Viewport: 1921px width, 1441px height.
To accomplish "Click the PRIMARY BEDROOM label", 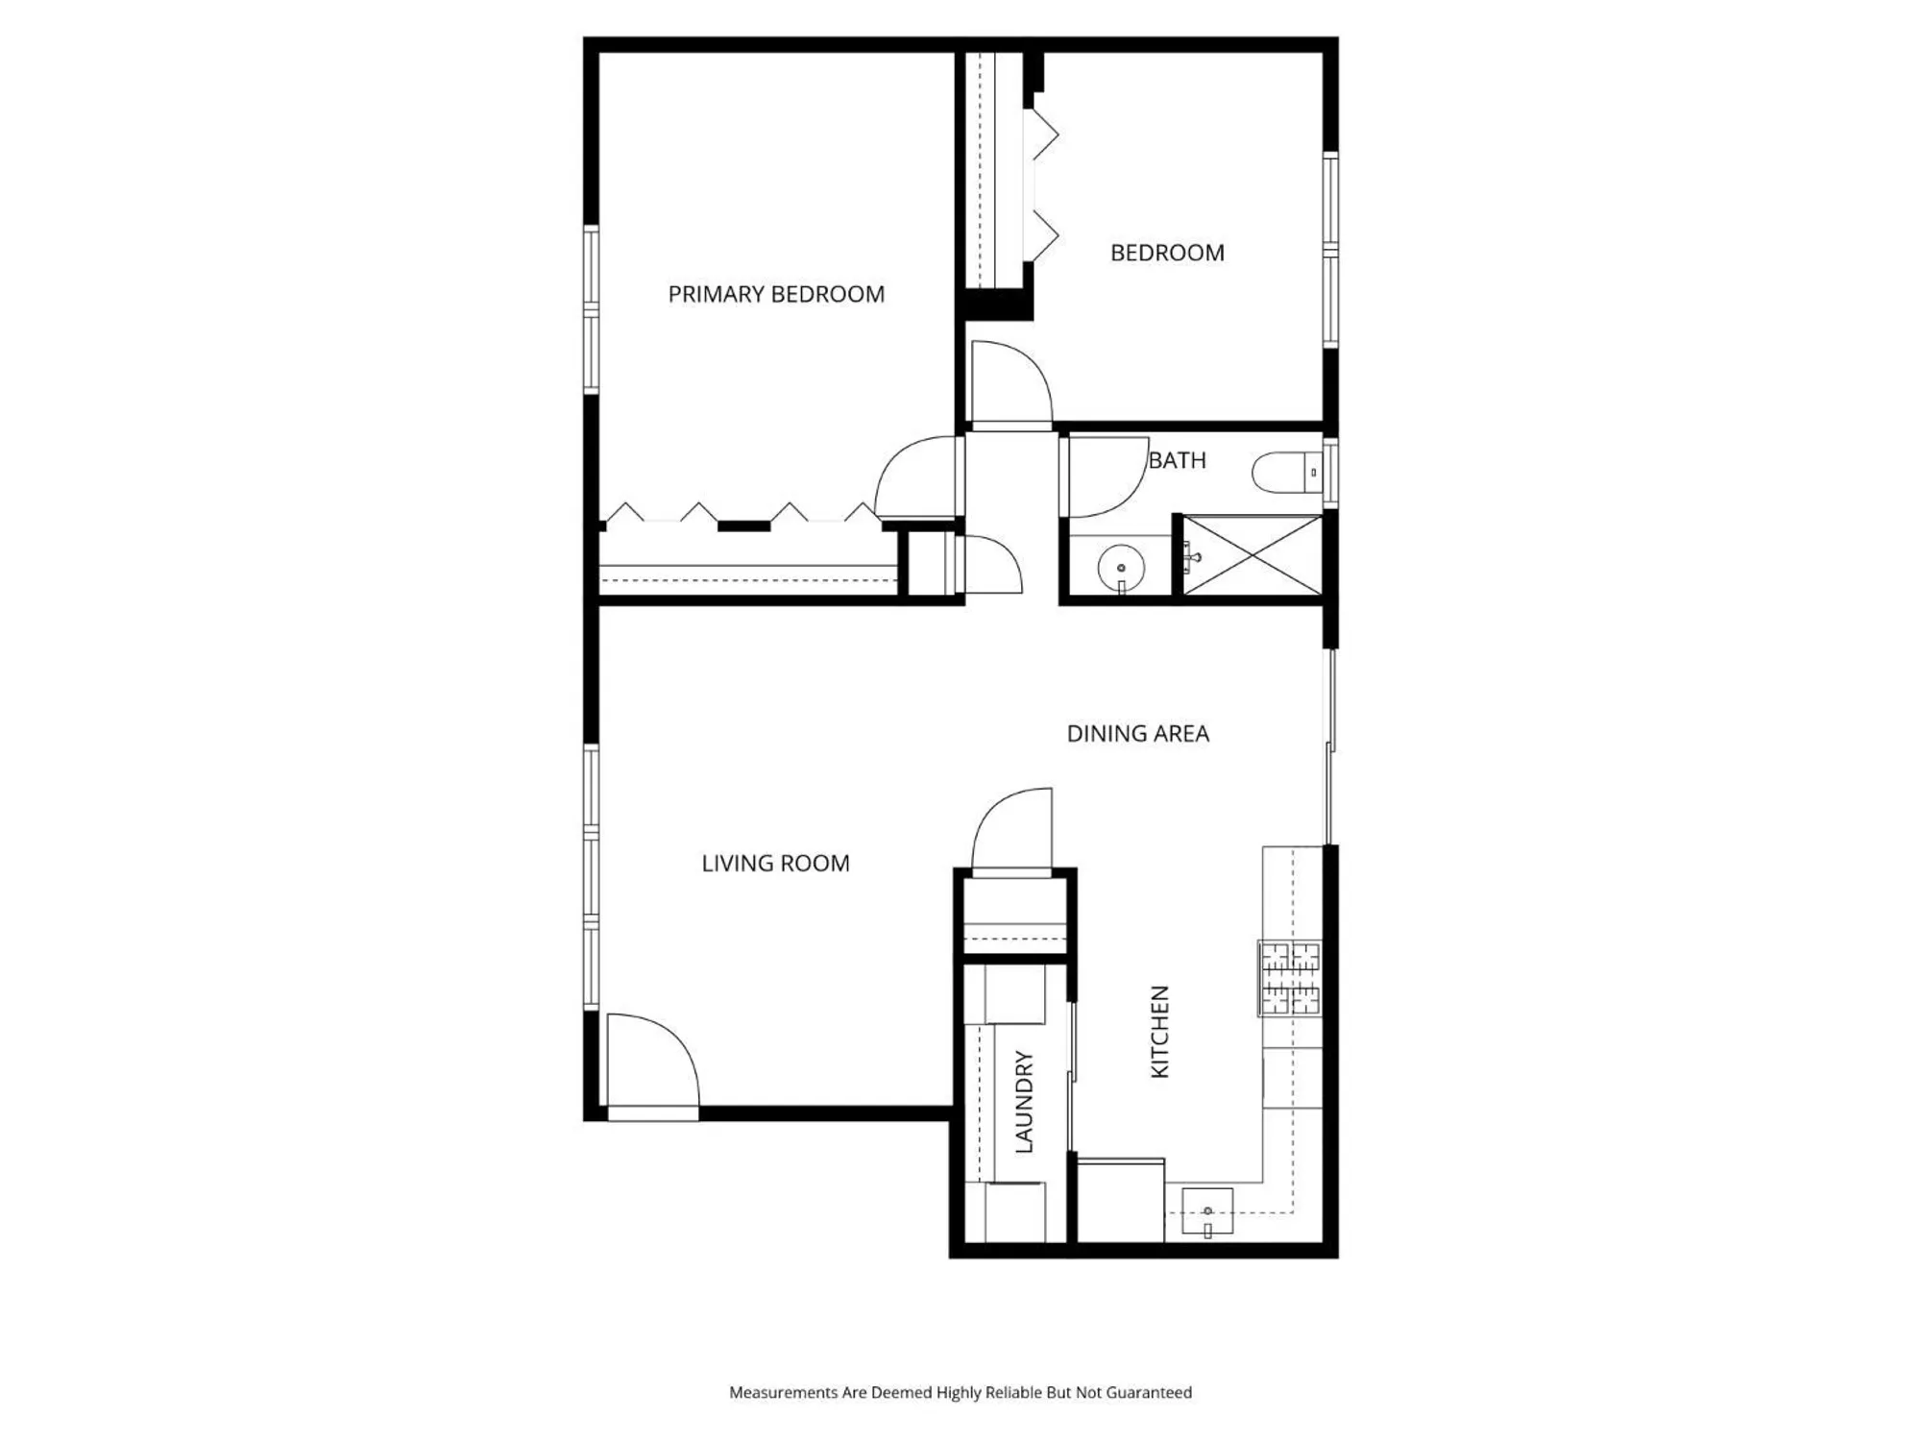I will click(x=776, y=294).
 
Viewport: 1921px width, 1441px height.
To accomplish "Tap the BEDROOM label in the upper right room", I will click(x=1167, y=253).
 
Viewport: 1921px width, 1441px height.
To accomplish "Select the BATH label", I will click(x=1178, y=460).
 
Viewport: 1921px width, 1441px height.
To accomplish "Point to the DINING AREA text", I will click(x=1138, y=734).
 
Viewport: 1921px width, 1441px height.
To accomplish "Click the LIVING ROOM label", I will click(x=775, y=864).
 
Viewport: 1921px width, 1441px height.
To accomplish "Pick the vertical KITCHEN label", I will click(x=1160, y=1032).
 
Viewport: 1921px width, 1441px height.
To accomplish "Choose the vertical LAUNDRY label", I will click(x=1024, y=1101).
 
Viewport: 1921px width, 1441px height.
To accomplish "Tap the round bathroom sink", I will click(x=1120, y=567).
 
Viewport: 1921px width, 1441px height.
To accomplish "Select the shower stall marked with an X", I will click(x=1252, y=556).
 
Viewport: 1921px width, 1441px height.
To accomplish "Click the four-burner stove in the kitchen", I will click(x=1290, y=978).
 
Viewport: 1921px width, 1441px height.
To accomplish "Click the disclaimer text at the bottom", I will click(x=960, y=1392).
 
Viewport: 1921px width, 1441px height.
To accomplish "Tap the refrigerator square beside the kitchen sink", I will click(x=1120, y=1202).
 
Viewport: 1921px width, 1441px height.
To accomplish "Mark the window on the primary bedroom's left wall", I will click(x=592, y=309).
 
